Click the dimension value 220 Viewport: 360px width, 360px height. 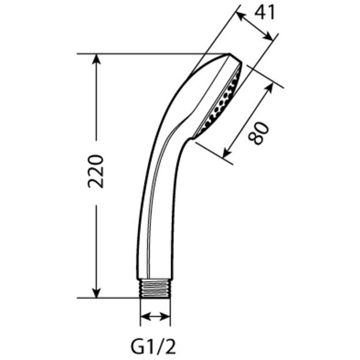point(96,171)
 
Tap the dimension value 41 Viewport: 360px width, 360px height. point(265,13)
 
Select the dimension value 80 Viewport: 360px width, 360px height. point(259,134)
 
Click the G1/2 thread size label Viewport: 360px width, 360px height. point(153,347)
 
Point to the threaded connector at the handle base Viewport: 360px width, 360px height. point(155,289)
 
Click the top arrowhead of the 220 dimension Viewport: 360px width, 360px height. point(96,59)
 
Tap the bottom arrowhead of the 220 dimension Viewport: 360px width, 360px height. point(96,292)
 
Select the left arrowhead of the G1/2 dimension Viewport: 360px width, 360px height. point(146,317)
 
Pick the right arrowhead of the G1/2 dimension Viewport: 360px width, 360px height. point(165,317)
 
